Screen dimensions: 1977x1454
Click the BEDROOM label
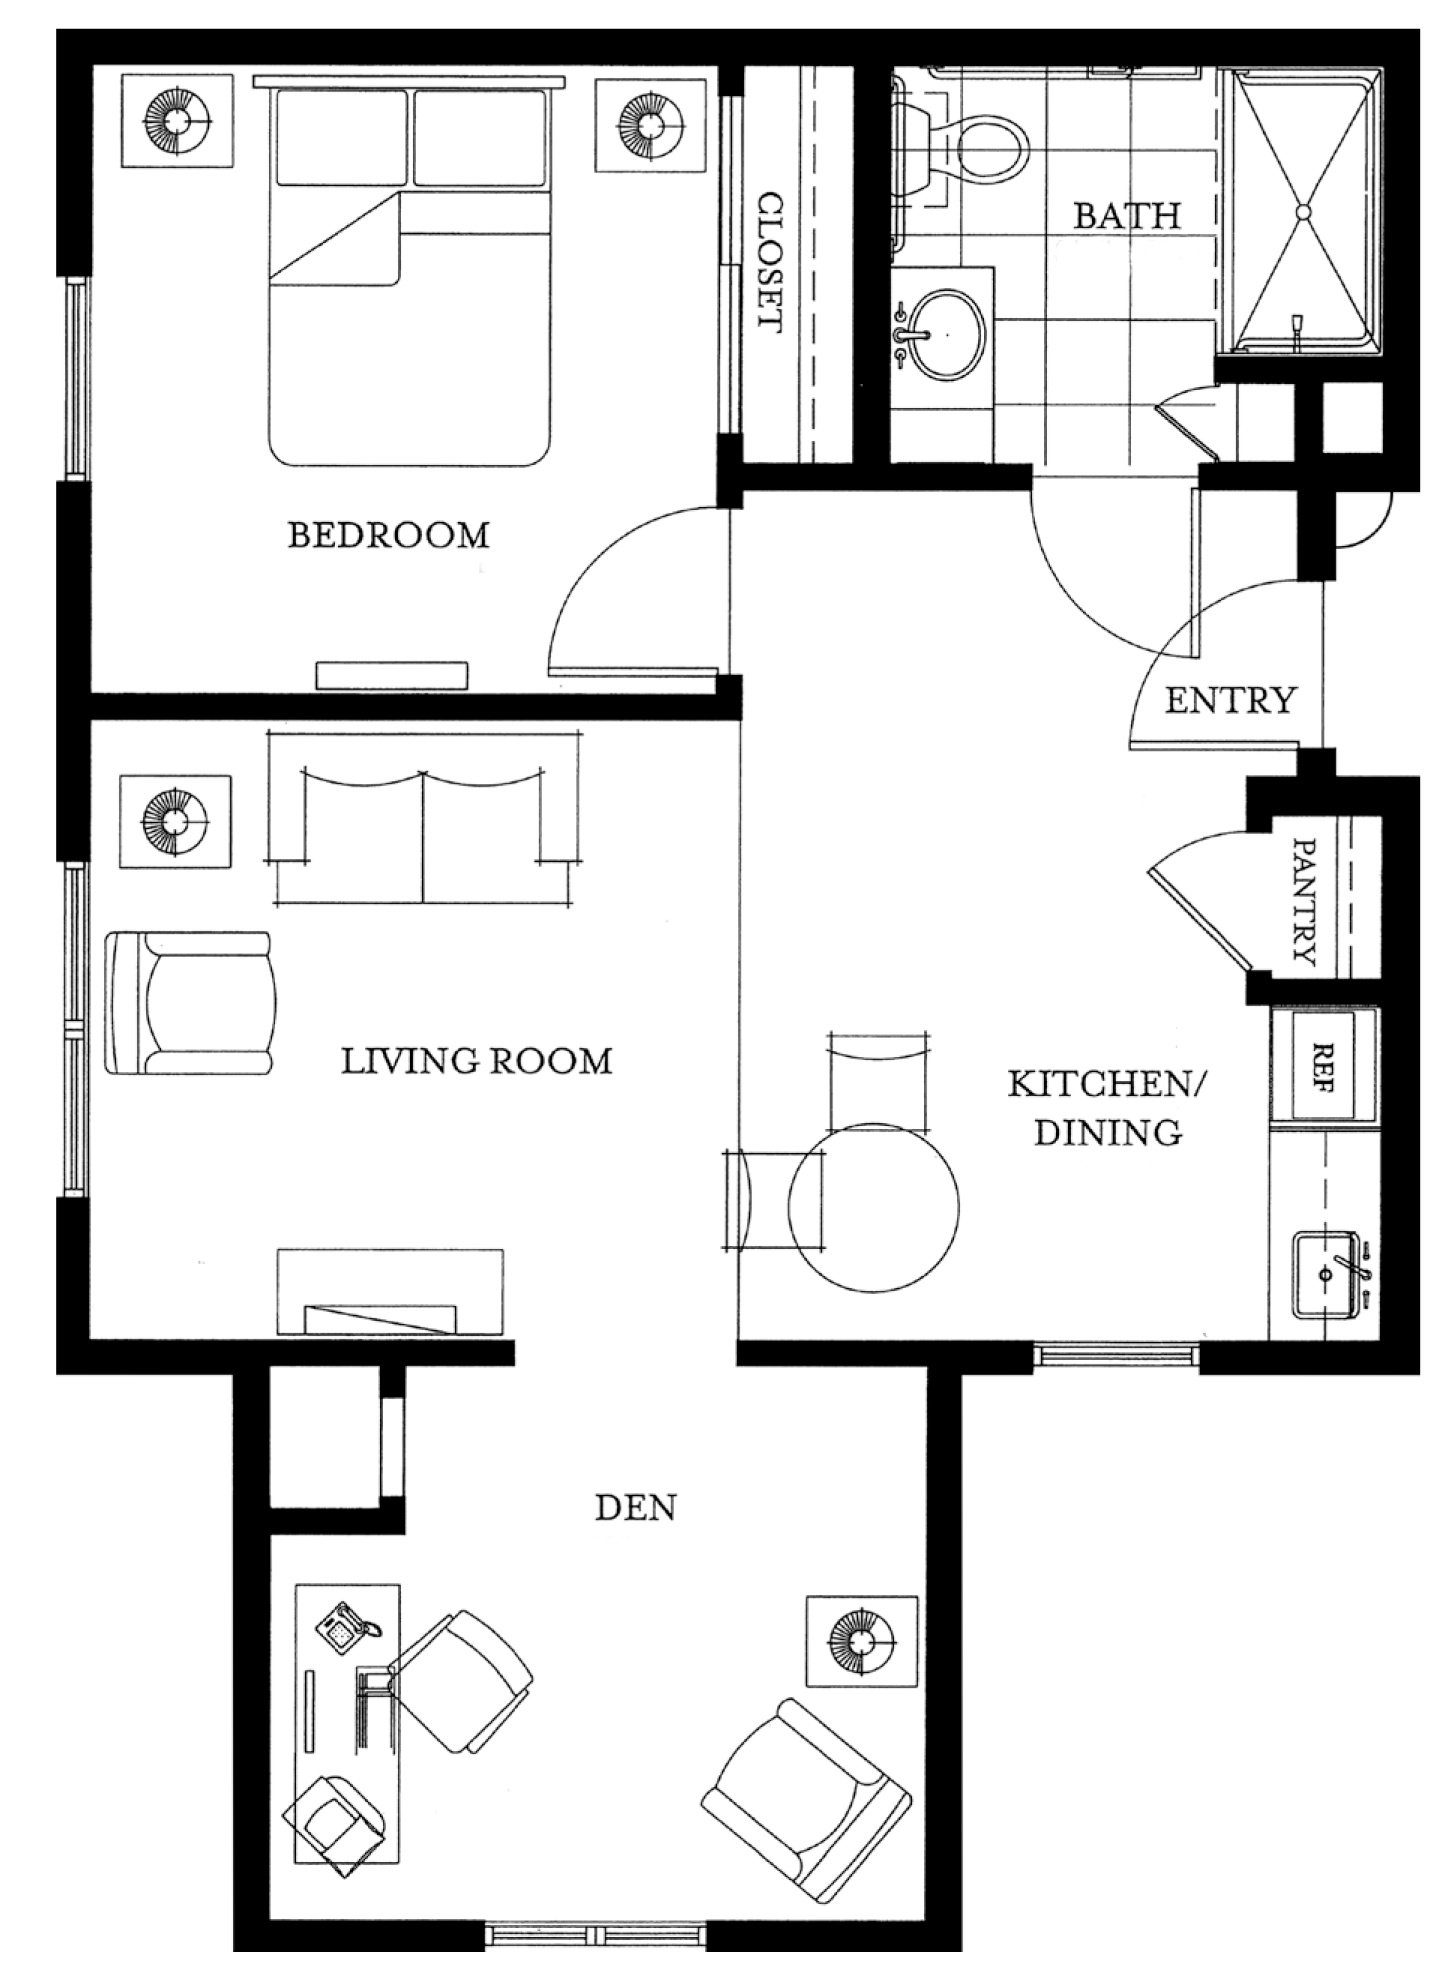tap(388, 535)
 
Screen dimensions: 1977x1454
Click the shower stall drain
tap(1303, 212)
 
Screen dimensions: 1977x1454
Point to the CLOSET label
tap(769, 262)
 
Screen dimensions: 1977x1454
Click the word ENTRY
tap(1230, 700)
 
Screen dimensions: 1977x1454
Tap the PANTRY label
tap(1305, 900)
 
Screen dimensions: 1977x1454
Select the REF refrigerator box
tap(1323, 1066)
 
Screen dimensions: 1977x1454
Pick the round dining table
tap(873, 1206)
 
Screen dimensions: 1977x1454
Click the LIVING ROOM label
tap(477, 1060)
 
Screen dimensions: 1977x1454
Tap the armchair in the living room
tap(190, 1003)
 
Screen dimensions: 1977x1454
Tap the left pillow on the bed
tap(340, 137)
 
